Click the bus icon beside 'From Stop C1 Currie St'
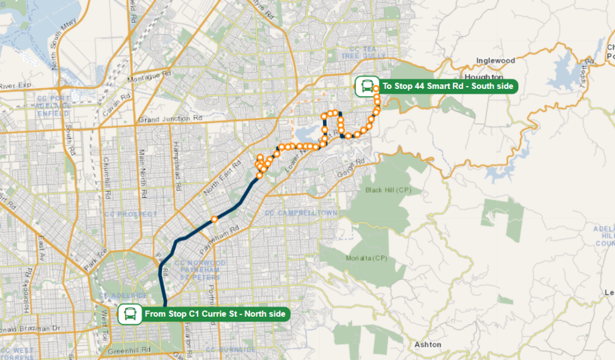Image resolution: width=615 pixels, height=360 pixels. tap(129, 314)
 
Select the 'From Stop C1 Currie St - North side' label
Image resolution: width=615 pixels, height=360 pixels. tap(216, 314)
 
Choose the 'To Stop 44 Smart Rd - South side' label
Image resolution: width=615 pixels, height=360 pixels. tap(447, 87)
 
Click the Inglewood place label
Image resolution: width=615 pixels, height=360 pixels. tap(495, 61)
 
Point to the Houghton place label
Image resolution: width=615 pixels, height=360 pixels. tap(483, 78)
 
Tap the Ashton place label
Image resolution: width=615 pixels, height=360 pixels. tap(428, 344)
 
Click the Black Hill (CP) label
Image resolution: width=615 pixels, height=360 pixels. tap(388, 190)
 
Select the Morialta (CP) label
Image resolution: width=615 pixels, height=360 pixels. tap(366, 258)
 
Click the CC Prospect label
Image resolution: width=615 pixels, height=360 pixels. tap(130, 214)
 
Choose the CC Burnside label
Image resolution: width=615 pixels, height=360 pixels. tap(226, 350)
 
